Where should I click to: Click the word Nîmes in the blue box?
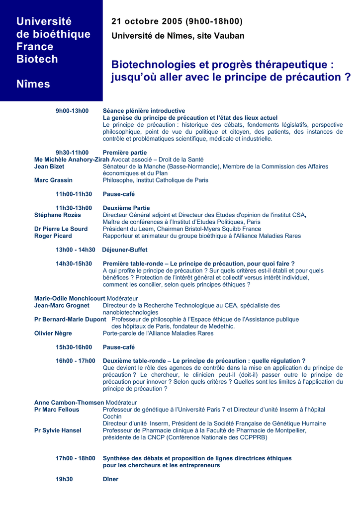(x=33, y=84)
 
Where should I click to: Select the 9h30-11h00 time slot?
(x=72, y=153)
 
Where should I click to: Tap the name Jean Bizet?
(x=49, y=167)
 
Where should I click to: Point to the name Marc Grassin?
(x=53, y=180)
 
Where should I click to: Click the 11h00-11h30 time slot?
(x=74, y=194)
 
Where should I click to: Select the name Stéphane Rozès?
(x=57, y=215)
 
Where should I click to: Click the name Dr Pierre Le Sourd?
(x=61, y=229)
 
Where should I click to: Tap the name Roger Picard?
(x=53, y=236)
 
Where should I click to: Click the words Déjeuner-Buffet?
(x=124, y=250)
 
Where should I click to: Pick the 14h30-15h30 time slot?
(x=74, y=263)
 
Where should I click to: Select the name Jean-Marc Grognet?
(x=62, y=305)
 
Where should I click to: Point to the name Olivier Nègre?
(x=53, y=333)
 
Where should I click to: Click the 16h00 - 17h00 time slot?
(x=75, y=361)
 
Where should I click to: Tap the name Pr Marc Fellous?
(x=57, y=410)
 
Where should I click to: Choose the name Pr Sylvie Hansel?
(x=58, y=430)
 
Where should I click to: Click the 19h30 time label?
(x=64, y=479)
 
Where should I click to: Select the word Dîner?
(x=110, y=479)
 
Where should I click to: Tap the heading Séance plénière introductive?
(x=144, y=111)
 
